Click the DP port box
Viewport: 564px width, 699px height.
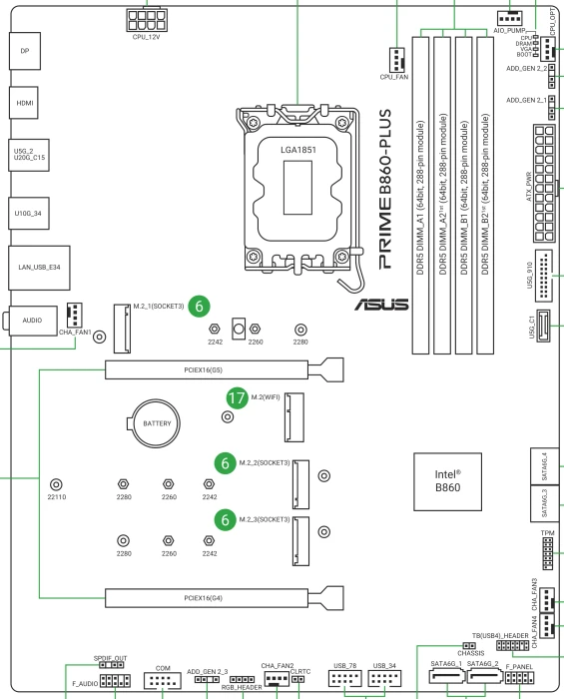coord(25,51)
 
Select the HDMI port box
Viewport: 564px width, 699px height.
coord(24,103)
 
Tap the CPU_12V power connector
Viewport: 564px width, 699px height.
coord(146,20)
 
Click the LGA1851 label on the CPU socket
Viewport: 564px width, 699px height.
coord(298,150)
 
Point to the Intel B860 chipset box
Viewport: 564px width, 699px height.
coord(447,481)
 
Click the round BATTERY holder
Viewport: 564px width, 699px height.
coord(156,423)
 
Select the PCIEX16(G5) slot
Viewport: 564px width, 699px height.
coord(207,369)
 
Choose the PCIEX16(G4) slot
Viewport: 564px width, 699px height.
coord(207,598)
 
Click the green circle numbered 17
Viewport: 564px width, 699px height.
coord(237,397)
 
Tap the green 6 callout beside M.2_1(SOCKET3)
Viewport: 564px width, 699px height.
coord(199,307)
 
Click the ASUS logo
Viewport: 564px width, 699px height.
coord(381,305)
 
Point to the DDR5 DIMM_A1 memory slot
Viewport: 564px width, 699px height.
coord(420,196)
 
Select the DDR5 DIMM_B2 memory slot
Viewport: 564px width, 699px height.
coord(485,196)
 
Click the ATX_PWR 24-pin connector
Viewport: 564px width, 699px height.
coord(544,184)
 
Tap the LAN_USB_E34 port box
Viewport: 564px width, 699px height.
coord(39,268)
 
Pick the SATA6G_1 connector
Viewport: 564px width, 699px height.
coord(447,677)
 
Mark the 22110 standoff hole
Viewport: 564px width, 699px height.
coord(56,484)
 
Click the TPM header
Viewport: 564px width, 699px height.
coord(547,553)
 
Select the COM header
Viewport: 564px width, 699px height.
coord(163,681)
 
